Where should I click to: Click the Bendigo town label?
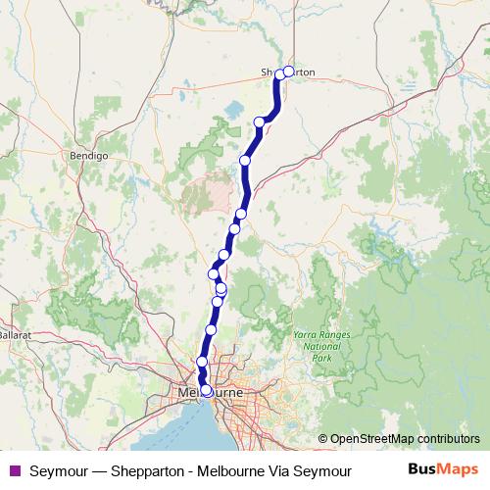87,155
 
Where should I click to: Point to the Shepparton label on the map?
287,73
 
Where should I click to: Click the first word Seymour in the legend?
57,471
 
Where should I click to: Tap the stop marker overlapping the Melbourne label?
206,391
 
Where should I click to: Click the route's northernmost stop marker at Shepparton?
289,71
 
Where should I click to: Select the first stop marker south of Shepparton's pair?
260,122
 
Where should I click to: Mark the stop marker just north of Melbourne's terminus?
202,363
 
